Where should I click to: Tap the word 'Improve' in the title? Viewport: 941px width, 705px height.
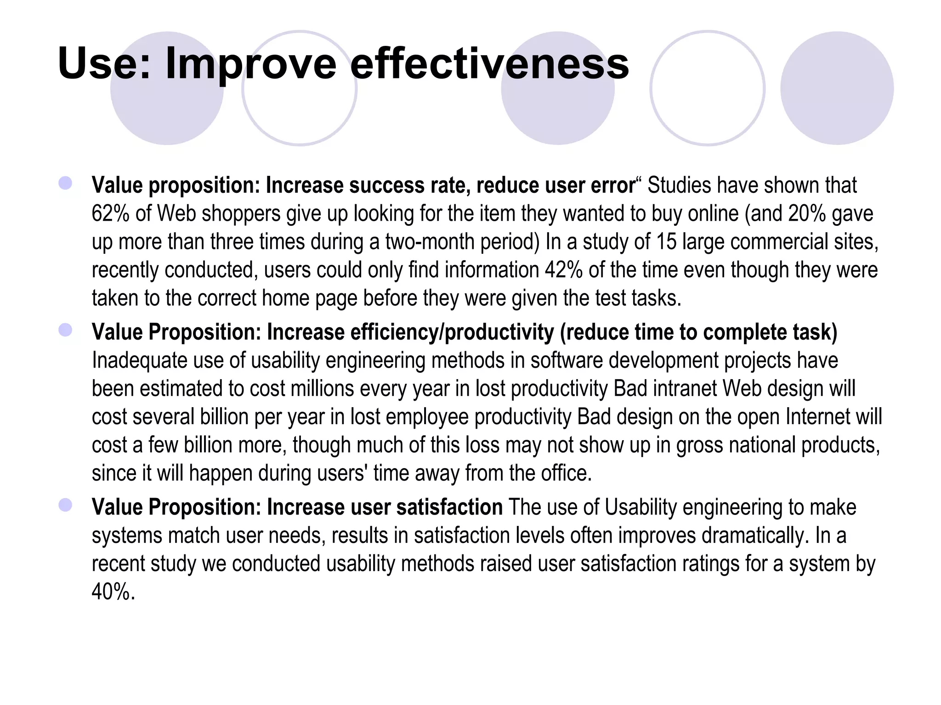[250, 64]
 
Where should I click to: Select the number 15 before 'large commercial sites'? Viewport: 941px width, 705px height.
[666, 242]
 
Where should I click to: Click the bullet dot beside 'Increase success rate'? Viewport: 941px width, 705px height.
[65, 184]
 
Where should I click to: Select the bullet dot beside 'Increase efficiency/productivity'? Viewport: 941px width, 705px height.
[65, 330]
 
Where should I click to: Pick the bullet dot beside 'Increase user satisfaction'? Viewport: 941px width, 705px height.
[65, 505]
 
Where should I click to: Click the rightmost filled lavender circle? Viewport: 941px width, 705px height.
[837, 88]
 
